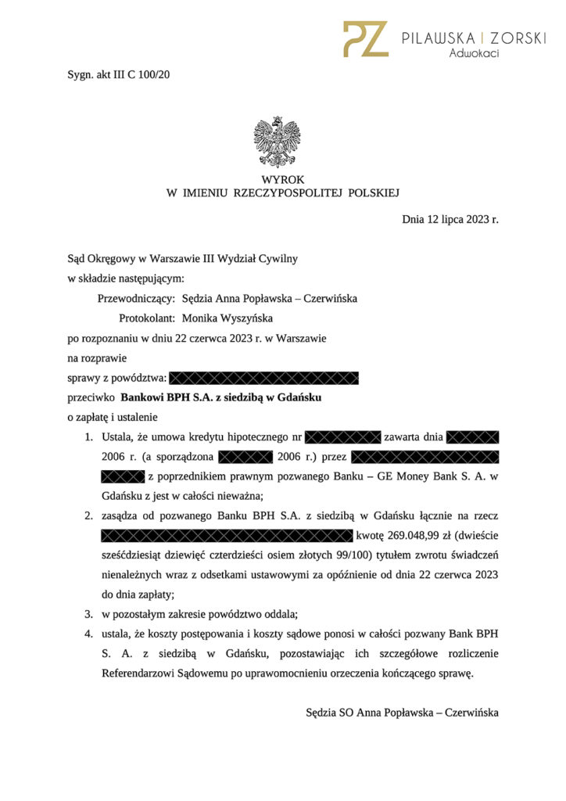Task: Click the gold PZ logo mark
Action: click(364, 38)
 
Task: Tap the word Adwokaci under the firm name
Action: click(474, 53)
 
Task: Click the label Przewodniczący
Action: click(136, 298)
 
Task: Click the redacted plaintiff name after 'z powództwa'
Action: click(263, 379)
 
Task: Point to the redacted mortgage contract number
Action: click(342, 436)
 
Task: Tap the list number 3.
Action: click(89, 612)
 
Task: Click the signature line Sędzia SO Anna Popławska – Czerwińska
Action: click(402, 713)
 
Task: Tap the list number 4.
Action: click(89, 632)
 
